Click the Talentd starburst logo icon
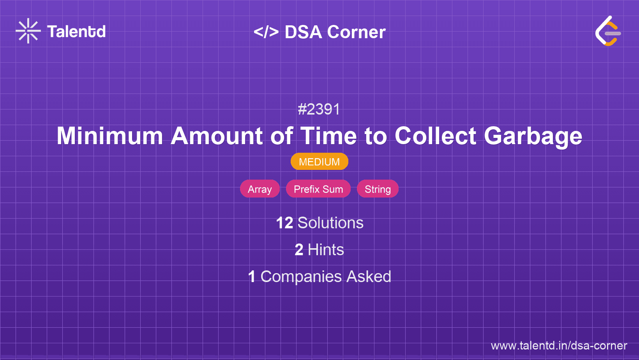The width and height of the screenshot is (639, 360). (x=28, y=31)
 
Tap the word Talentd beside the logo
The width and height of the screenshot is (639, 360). (x=76, y=32)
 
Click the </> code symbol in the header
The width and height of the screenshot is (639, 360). (x=266, y=32)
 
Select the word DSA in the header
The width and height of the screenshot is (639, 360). (x=303, y=32)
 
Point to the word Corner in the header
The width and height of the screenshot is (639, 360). (x=356, y=32)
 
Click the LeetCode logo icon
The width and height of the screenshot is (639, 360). (x=608, y=31)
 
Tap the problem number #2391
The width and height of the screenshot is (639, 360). (x=319, y=109)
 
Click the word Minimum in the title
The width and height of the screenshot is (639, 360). (x=110, y=136)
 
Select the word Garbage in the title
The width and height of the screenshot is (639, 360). (x=533, y=136)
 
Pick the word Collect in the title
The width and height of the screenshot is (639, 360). (x=435, y=136)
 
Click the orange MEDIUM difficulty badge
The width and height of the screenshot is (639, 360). (x=319, y=162)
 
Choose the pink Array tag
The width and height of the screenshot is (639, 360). (x=260, y=189)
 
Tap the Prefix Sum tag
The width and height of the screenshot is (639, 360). (x=318, y=189)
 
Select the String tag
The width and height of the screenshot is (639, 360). (x=378, y=189)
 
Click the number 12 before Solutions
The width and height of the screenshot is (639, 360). (x=284, y=223)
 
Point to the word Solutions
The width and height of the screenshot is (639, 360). (x=330, y=223)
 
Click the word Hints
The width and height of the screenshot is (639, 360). (x=326, y=250)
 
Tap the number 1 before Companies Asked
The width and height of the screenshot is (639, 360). (x=252, y=277)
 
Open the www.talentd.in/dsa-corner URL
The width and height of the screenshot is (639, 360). (x=559, y=346)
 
